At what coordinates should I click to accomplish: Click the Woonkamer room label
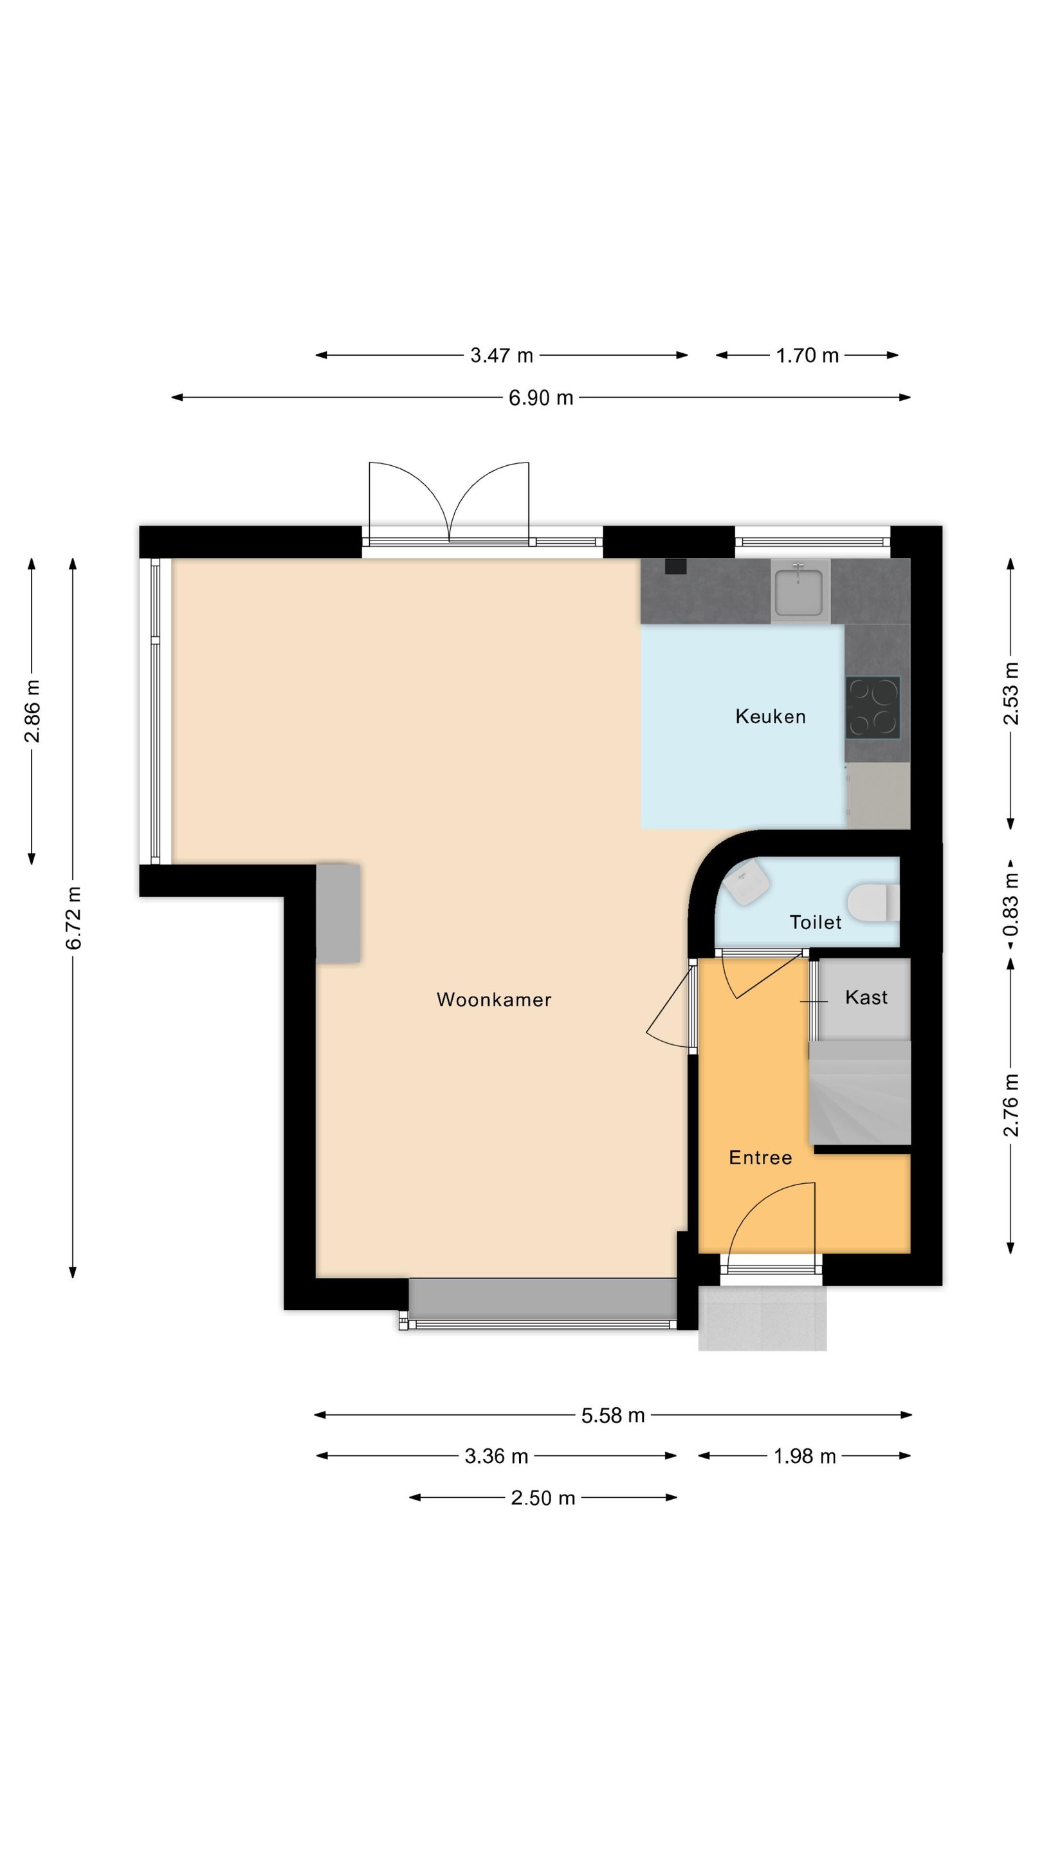493,999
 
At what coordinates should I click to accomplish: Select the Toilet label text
815,922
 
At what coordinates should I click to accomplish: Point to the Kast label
866,997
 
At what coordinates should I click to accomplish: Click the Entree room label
760,1157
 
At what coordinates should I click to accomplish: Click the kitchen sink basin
800,591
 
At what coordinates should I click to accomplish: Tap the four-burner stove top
872,708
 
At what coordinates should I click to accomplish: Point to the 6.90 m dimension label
541,398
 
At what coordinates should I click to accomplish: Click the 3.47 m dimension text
501,355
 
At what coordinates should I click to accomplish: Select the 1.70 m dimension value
807,355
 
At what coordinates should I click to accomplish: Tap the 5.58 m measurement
613,1415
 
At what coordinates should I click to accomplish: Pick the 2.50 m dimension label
543,1498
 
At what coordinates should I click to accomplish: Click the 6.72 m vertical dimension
73,918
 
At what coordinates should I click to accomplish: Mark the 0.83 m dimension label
1011,903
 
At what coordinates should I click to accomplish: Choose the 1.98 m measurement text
804,1457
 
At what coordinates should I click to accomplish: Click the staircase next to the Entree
860,1092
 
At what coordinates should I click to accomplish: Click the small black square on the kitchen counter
675,567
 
